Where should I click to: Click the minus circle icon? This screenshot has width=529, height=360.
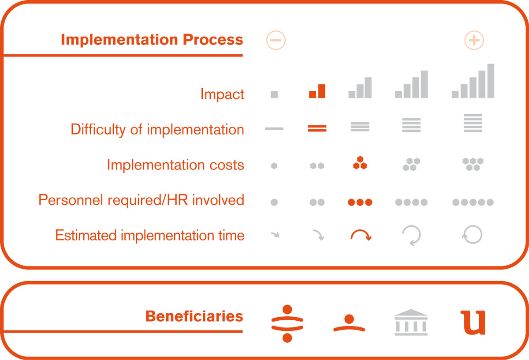pos(276,40)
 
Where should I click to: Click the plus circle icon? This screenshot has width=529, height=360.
pos(474,40)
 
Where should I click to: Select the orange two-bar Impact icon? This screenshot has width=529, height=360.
pos(317,91)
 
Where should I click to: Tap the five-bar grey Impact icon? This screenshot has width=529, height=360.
pos(473,81)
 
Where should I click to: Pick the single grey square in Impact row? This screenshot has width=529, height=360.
pos(274,94)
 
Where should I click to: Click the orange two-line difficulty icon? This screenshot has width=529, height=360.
pos(317,128)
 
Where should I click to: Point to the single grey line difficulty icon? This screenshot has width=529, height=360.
pos(274,128)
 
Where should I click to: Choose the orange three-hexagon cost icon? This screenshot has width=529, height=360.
pos(360,163)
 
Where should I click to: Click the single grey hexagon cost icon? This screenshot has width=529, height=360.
pos(274,166)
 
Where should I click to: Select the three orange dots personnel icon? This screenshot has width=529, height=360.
pos(360,202)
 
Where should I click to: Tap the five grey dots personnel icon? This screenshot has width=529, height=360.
pos(473,202)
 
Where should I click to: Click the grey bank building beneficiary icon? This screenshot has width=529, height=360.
pos(411,322)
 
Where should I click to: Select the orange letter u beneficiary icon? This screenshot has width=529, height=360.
pos(473,322)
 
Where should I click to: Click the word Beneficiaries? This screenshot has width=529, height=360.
pos(194,316)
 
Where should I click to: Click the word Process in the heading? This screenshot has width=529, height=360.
pos(213,39)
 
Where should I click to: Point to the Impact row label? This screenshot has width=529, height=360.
pos(222,94)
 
